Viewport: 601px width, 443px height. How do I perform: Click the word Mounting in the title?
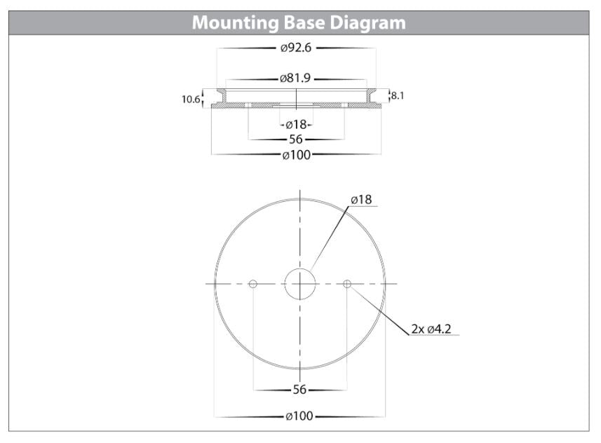pos(236,23)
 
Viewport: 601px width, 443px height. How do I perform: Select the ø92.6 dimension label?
pos(296,48)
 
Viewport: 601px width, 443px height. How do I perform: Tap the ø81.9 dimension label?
pos(295,79)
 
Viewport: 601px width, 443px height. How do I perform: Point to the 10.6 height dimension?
pos(191,100)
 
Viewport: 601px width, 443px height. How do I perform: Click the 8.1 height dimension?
pos(397,95)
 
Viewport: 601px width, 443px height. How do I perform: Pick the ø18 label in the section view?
pos(296,125)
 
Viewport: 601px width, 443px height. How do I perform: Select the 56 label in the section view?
pos(296,139)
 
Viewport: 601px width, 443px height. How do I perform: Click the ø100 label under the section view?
pos(296,155)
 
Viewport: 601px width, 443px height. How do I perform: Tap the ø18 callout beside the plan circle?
pos(361,200)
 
